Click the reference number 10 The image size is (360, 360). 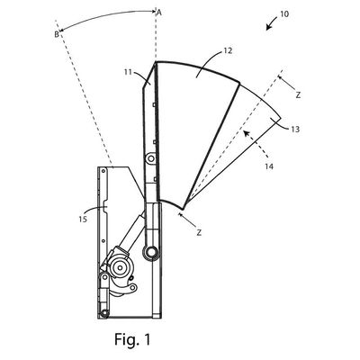coord(284,13)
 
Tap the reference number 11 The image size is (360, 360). coord(128,72)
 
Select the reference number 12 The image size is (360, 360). coord(228,50)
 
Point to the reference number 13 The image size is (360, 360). coord(295,130)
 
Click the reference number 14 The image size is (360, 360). coord(269,166)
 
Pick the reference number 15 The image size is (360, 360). coord(83,220)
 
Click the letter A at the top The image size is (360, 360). coord(159,13)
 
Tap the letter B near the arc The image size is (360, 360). coord(57,34)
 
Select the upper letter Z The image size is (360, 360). coord(298,95)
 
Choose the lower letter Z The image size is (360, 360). coord(199,232)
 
